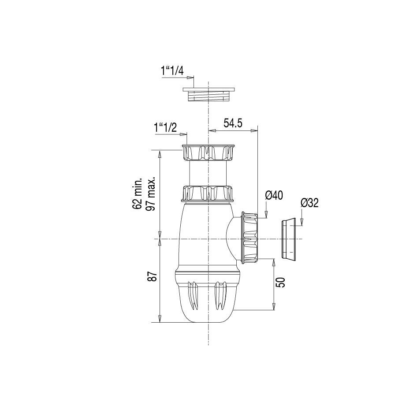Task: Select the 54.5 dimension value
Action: (233, 123)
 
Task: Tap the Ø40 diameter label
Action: (274, 195)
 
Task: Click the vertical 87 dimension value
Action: (152, 276)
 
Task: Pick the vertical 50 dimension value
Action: (281, 282)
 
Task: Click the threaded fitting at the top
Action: (208, 94)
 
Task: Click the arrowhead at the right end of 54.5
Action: (254, 130)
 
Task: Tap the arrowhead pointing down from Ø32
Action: (302, 223)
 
